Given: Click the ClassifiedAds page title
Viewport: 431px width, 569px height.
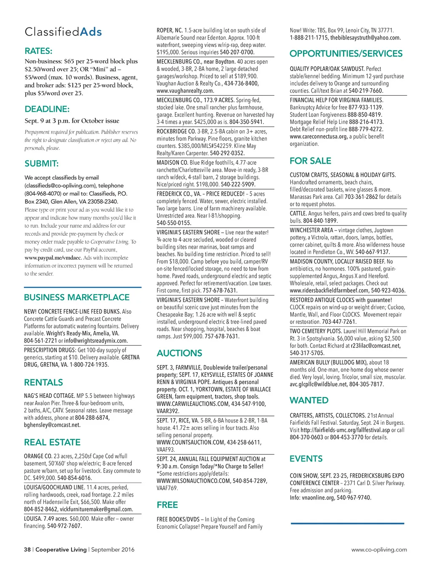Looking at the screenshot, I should tap(63, 32).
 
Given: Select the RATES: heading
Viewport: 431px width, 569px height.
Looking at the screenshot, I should tap(39, 51).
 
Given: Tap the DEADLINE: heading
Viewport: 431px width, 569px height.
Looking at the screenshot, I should tap(47, 109).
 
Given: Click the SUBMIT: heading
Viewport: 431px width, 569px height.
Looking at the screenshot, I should tap(42, 164).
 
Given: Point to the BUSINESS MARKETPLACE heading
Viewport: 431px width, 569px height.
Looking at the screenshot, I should tap(77, 298).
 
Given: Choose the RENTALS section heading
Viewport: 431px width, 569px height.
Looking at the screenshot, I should tap(43, 383).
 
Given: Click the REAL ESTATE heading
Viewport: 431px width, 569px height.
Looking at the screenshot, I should tap(52, 443).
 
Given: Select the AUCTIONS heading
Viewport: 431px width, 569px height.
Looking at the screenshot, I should tap(179, 353).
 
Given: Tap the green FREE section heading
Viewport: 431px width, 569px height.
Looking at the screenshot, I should tap(167, 505).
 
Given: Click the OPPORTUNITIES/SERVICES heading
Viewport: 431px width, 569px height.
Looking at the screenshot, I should tap(346, 54).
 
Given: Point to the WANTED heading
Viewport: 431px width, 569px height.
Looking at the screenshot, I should tap(309, 400).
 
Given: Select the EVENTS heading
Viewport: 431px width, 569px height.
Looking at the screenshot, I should tap(306, 459).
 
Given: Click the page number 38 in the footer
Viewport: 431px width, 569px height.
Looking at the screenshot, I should tap(27, 550).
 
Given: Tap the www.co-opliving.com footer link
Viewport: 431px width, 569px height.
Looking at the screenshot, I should tap(379, 550).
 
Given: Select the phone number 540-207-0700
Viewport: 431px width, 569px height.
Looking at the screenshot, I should tap(237, 52).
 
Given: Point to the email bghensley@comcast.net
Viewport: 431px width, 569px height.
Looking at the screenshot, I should tap(52, 425).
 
